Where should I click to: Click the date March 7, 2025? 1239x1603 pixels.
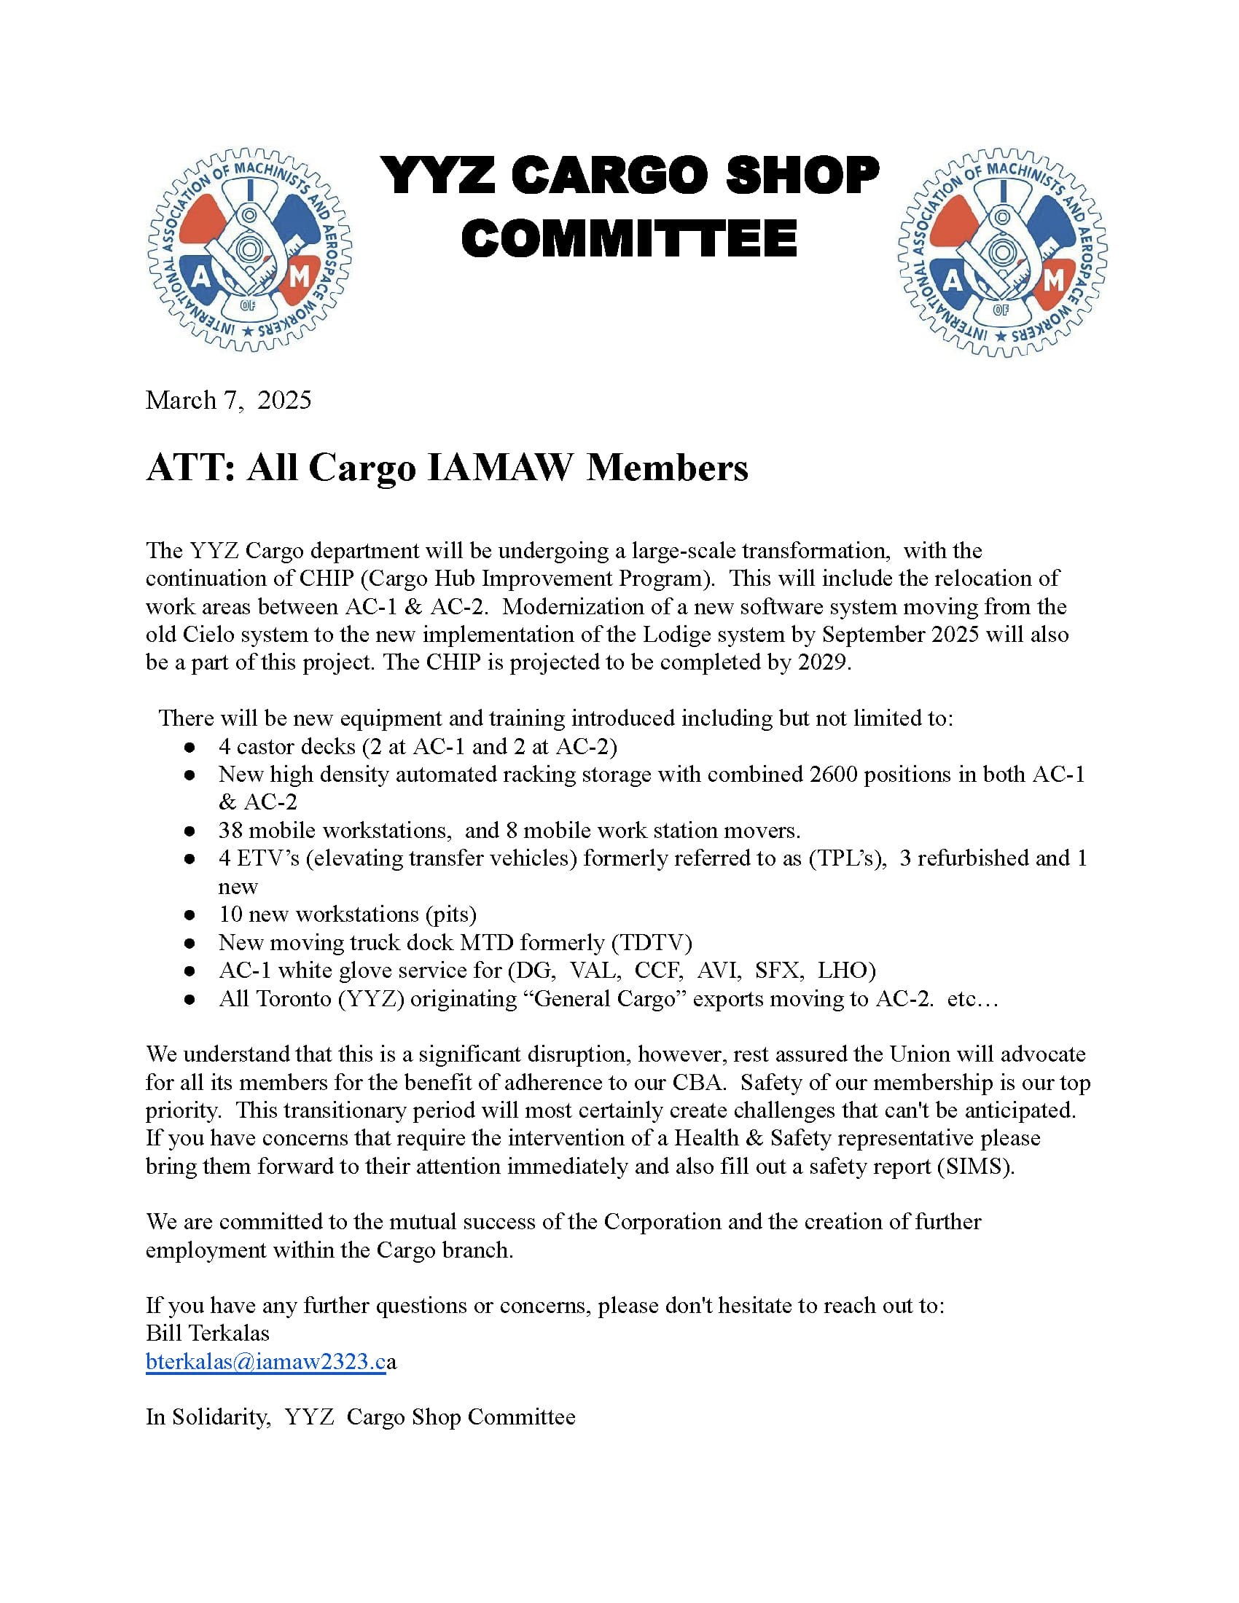point(228,400)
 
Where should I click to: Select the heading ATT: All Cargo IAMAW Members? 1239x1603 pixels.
point(447,467)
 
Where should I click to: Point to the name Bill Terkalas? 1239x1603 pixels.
point(208,1333)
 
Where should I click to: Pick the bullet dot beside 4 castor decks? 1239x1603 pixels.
point(189,747)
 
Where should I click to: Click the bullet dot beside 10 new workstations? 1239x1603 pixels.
point(189,915)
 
